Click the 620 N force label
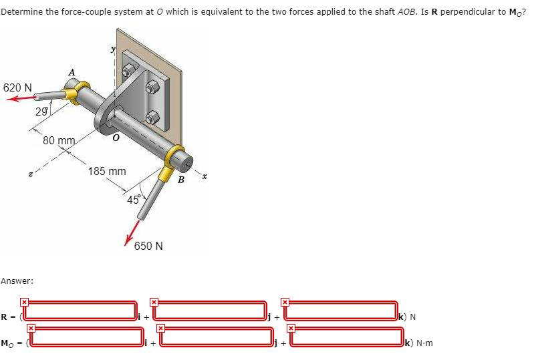[17, 87]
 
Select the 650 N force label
[148, 246]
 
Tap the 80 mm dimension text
[58, 141]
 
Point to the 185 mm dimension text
[107, 172]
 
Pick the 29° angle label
[42, 112]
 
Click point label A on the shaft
[72, 72]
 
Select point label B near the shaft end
[180, 178]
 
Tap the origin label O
[116, 138]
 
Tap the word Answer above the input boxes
[13, 281]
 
